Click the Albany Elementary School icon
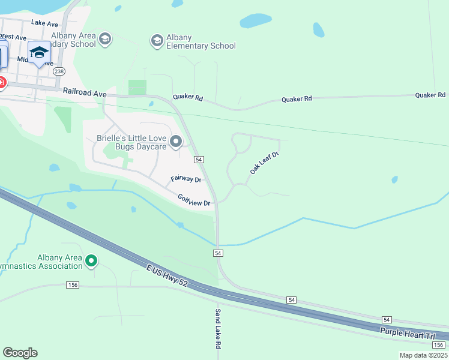click(157, 40)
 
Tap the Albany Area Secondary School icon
click(106, 39)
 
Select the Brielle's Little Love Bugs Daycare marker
click(176, 142)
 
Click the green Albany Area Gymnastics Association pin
click(91, 260)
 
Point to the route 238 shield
click(59, 71)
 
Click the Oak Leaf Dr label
click(265, 163)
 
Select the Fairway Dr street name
click(185, 179)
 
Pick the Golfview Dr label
click(194, 200)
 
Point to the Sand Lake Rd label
click(218, 329)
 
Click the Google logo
click(20, 353)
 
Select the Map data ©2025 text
click(423, 355)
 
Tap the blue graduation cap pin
click(40, 53)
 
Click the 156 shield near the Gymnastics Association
click(73, 285)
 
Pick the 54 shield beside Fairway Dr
click(199, 160)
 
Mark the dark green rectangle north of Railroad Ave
click(137, 87)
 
